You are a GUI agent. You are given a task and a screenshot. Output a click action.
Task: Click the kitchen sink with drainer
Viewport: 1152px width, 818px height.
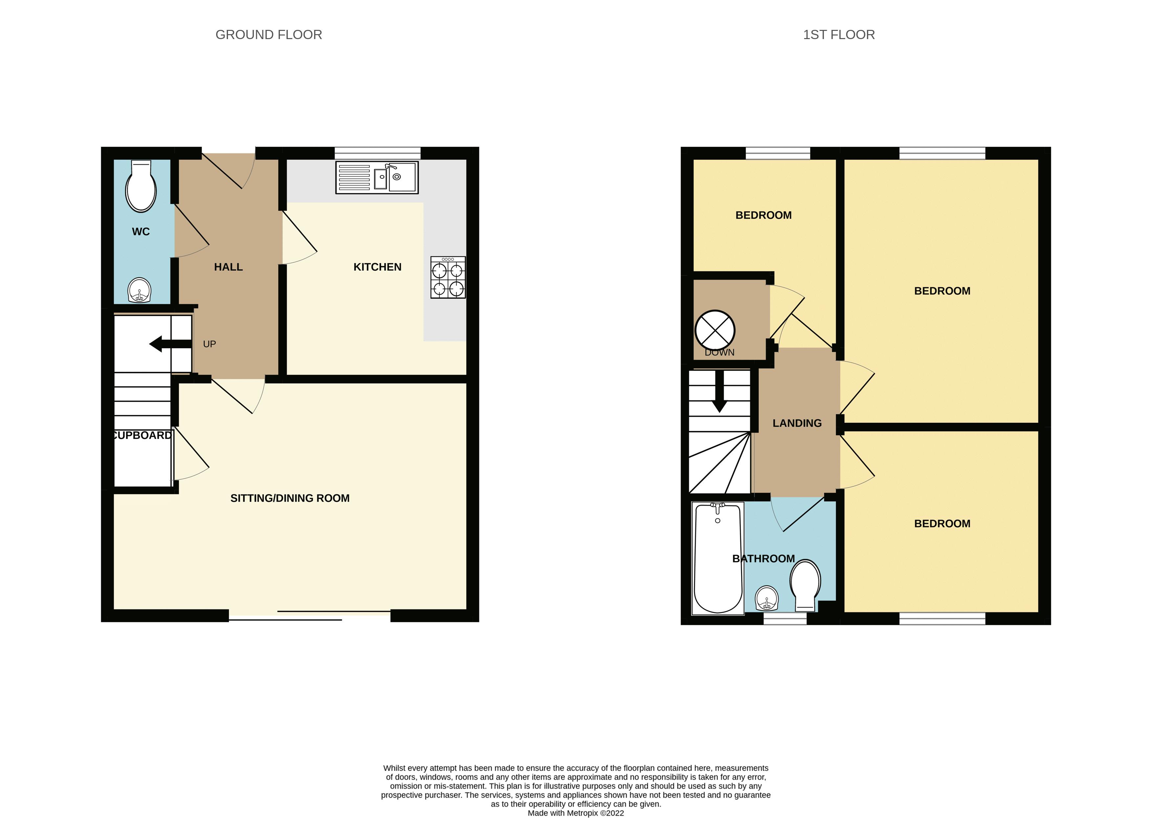coord(377,177)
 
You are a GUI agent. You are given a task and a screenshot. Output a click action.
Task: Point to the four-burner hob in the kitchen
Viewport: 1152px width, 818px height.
coord(448,278)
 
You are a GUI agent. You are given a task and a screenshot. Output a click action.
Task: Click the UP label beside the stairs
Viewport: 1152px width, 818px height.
coord(210,344)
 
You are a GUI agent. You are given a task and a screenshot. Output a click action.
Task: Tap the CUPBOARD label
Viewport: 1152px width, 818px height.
coord(143,435)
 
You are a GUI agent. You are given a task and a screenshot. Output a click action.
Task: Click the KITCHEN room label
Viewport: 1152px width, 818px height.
coord(377,267)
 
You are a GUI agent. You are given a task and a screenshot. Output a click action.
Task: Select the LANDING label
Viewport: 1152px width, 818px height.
coord(797,423)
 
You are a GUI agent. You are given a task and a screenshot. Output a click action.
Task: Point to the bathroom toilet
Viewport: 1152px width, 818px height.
coord(805,584)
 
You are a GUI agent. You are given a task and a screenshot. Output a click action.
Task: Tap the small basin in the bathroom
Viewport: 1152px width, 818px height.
coord(767,599)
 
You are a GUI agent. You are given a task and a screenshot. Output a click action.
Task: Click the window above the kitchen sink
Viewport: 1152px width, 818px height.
coord(377,153)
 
